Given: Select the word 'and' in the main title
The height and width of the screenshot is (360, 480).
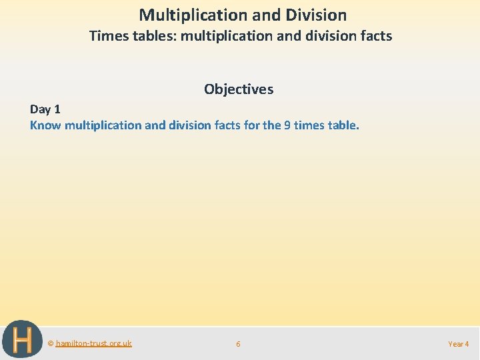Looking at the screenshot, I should (x=250, y=15).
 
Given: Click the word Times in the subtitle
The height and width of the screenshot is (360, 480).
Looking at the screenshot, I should (x=106, y=36).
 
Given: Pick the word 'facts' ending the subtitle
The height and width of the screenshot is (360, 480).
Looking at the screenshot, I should (x=375, y=36).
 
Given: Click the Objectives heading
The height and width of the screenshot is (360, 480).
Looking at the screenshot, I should (x=239, y=89).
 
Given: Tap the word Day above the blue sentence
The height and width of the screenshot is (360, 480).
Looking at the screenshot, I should (x=40, y=109).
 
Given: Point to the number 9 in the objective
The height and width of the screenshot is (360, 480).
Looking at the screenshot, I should (x=287, y=125).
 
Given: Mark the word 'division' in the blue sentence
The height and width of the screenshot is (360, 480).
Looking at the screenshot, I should (x=188, y=125).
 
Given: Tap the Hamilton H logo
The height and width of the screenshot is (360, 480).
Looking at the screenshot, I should (x=21, y=339).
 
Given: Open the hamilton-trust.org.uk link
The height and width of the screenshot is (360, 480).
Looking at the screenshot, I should (x=93, y=343).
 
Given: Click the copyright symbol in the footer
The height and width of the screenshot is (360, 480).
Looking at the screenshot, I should (x=51, y=343).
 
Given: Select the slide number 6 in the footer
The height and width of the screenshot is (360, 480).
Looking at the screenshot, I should (x=238, y=344).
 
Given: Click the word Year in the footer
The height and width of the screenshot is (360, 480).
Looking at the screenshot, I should (x=456, y=344).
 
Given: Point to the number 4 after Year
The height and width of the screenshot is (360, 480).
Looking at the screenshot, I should (x=467, y=344).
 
